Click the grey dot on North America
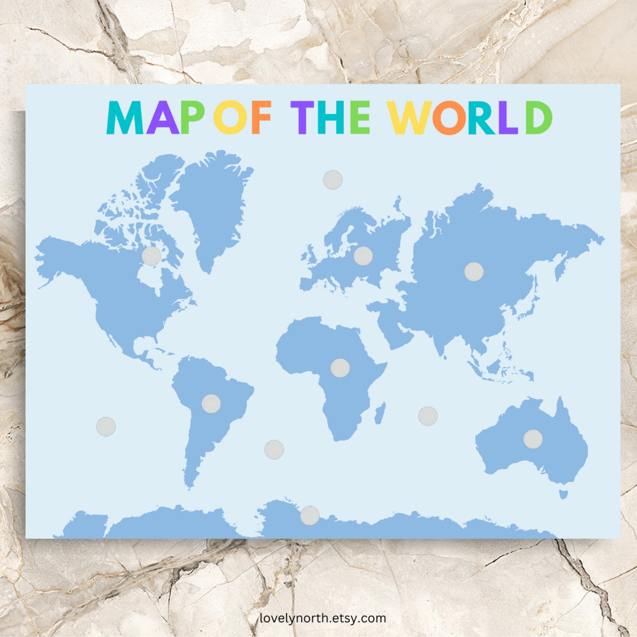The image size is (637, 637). [152, 256]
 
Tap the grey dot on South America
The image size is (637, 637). [211, 403]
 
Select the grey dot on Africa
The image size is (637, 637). [340, 368]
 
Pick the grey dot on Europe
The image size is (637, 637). [363, 256]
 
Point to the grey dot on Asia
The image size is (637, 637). [474, 272]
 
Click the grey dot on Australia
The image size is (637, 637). [533, 439]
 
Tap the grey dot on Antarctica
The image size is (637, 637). [310, 515]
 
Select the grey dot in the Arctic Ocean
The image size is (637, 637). [333, 180]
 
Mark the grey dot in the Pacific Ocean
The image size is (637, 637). [106, 426]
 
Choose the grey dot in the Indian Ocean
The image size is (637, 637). [428, 416]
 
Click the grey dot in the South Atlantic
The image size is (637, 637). [274, 449]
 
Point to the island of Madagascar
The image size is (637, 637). [380, 413]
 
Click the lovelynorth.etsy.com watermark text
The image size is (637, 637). [323, 618]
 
